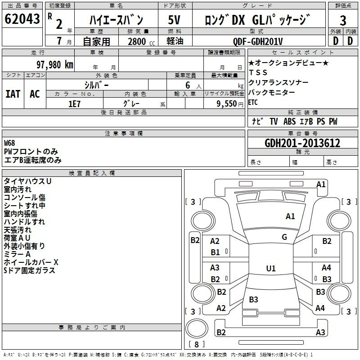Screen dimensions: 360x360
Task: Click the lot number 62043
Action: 22,19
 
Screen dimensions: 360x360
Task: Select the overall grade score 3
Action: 343,20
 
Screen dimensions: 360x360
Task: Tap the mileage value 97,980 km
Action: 55,65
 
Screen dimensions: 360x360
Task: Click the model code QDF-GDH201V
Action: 258,41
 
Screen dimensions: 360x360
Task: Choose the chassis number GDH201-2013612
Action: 302,143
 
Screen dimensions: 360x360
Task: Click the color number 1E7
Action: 74,104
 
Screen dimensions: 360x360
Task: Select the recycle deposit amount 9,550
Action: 227,104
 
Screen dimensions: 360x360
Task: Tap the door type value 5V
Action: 174,20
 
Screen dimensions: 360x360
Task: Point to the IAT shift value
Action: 13,94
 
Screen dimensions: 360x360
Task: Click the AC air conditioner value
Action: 35,94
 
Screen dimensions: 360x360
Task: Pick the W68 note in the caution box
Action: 9,143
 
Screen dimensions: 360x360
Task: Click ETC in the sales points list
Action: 253,102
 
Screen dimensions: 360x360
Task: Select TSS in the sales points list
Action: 258,72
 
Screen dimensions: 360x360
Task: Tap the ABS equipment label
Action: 289,121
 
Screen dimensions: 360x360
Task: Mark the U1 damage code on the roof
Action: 271,268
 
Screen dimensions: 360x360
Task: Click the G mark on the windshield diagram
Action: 284,237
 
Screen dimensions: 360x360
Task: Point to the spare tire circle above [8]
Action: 197,328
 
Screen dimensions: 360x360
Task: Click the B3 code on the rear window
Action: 253,299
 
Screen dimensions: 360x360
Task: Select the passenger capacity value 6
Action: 188,85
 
